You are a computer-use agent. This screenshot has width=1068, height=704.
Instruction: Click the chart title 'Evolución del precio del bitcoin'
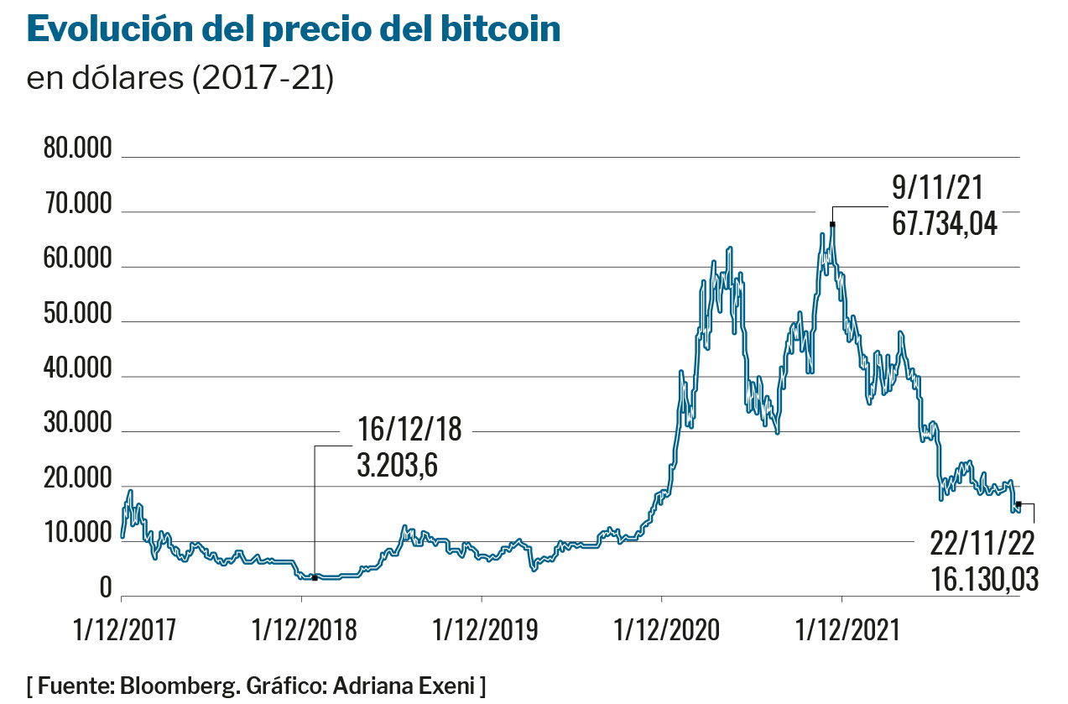[x=294, y=30]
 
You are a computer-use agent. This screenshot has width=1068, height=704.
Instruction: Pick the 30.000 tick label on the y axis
[x=77, y=425]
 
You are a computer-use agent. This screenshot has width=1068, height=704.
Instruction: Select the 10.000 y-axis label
[x=77, y=535]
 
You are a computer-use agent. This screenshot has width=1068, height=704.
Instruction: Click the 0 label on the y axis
[x=106, y=589]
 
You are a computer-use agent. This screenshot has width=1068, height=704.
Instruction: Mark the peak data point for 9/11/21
[x=832, y=224]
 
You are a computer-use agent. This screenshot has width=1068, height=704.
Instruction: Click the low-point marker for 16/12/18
[x=315, y=578]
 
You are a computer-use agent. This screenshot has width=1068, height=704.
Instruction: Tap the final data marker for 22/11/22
[x=1019, y=504]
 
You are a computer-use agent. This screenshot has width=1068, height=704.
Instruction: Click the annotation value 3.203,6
[x=398, y=464]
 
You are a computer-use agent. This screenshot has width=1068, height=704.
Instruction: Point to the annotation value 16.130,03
[x=984, y=580]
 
